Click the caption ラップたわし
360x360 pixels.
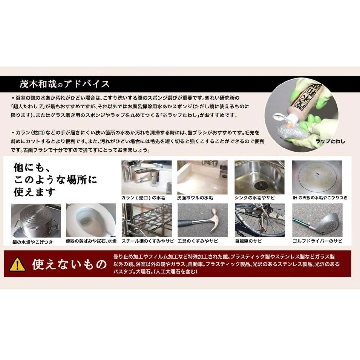click(x=330, y=141)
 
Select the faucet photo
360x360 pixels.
click(x=146, y=177)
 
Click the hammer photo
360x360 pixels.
click(x=202, y=220)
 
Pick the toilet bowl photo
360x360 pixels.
click(x=91, y=220)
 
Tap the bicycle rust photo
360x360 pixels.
click(x=259, y=220)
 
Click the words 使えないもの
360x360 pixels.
click(x=69, y=264)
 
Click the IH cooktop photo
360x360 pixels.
click(x=317, y=177)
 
